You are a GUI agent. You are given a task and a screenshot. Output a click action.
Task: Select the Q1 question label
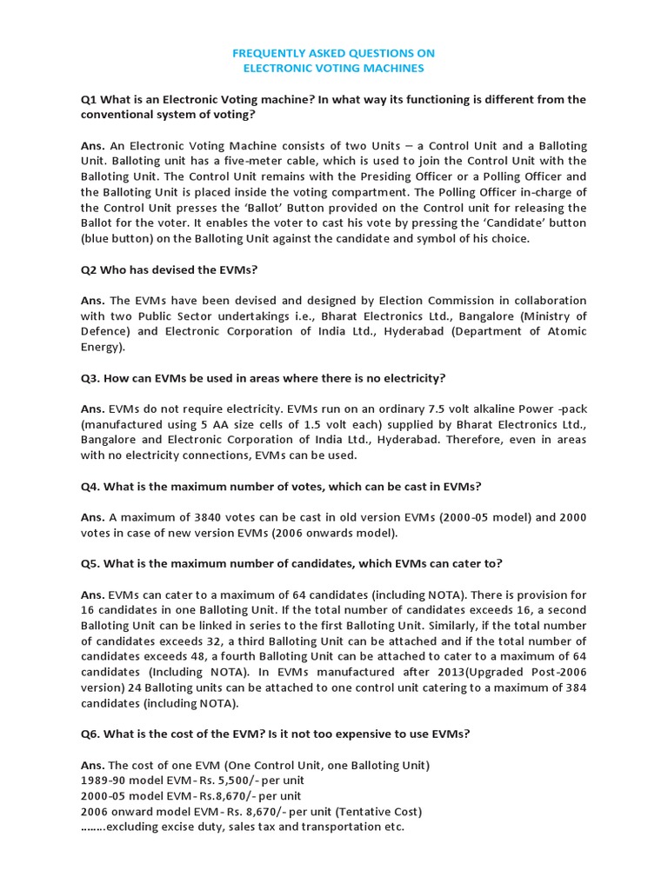tap(90, 99)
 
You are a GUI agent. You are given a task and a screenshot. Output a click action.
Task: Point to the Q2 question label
tap(90, 269)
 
